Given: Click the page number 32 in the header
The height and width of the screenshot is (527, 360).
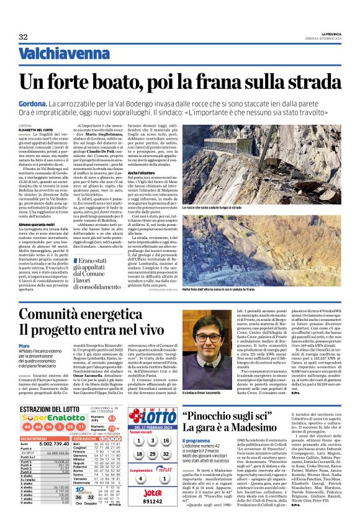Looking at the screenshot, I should coord(24,37).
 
